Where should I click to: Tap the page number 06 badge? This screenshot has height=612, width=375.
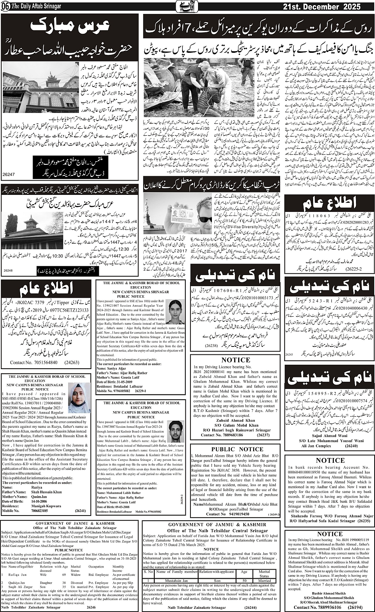6,7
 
